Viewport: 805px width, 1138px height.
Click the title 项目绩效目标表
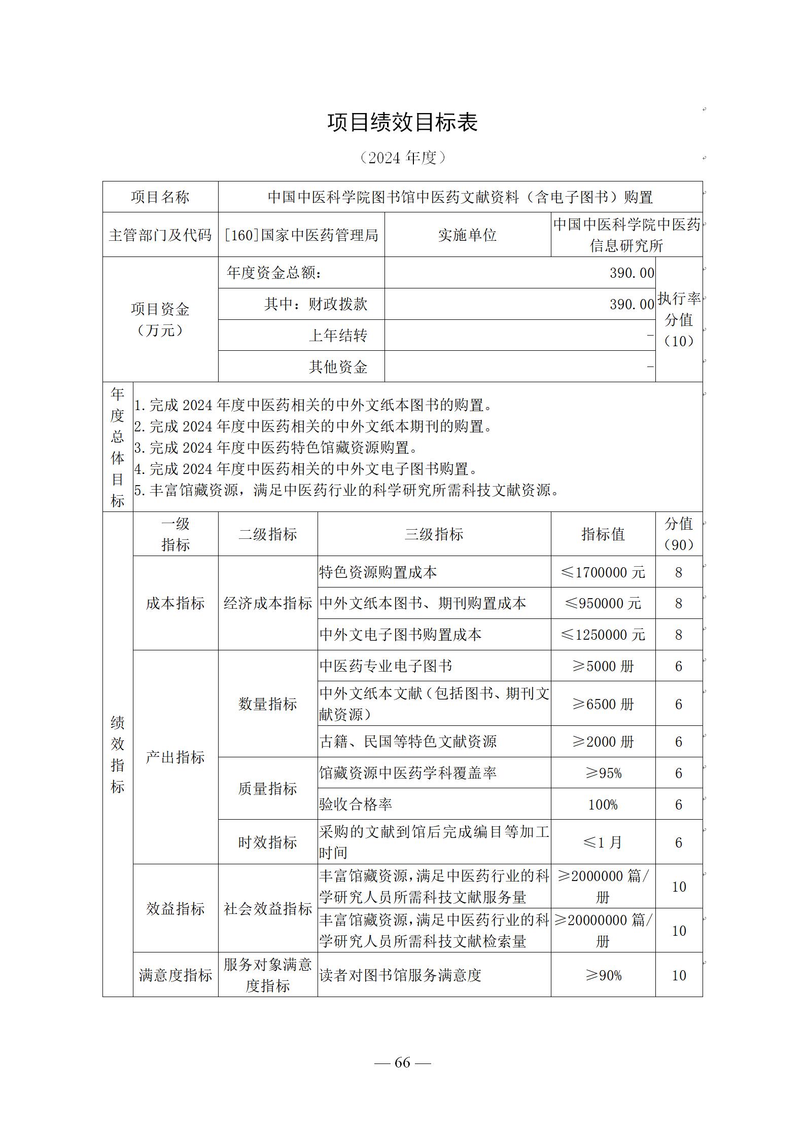(402, 123)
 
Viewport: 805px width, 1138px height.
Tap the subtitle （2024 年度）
(402, 158)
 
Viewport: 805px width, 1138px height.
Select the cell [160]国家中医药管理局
(301, 235)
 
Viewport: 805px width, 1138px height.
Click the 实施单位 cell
(467, 235)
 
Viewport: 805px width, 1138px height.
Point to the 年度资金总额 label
(274, 273)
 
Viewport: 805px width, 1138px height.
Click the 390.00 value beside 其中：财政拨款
(632, 304)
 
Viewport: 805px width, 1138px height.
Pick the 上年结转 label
(338, 336)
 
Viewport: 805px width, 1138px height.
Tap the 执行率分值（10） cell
(679, 320)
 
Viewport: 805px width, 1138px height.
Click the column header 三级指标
(434, 534)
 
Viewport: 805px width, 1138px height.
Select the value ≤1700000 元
(603, 572)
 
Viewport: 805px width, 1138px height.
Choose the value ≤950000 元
(603, 603)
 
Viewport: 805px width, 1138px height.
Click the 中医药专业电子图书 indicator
(386, 666)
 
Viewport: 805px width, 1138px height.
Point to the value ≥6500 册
(603, 704)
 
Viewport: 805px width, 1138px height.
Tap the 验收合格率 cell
(356, 804)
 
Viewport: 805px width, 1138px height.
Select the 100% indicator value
(603, 804)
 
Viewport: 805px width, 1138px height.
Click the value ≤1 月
(603, 842)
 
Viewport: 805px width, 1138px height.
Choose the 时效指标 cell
(267, 842)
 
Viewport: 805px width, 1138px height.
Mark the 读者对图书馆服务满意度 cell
(400, 975)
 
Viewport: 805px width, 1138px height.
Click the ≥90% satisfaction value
(603, 975)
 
